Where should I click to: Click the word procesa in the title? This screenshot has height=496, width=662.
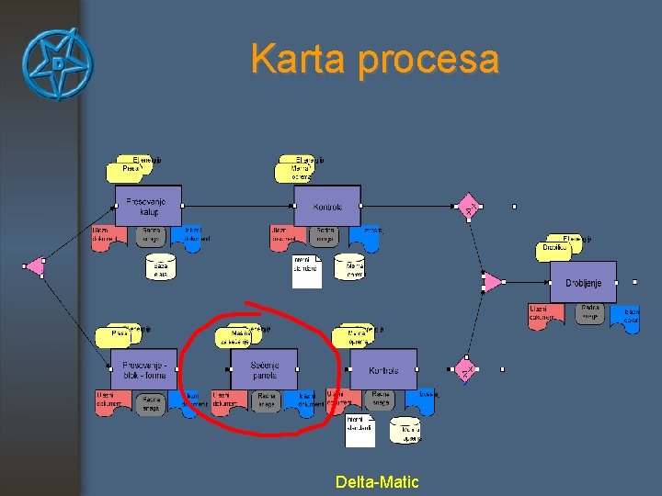coord(428,62)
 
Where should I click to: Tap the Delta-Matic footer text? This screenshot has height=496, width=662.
coord(377,481)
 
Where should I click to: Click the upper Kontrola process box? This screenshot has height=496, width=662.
coord(326,206)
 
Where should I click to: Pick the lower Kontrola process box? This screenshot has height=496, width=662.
coord(382,369)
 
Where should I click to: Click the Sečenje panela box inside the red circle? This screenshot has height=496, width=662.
coord(263,368)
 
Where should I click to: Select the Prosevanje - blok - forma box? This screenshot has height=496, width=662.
coord(143,368)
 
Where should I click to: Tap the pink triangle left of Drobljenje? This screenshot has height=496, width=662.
coord(492,281)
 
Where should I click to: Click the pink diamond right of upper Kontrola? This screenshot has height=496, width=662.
coord(468,207)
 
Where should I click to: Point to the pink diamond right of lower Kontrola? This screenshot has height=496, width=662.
coord(466,370)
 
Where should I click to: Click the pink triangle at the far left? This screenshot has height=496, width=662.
coord(35,266)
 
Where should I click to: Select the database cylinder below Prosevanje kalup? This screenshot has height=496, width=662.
coord(161,267)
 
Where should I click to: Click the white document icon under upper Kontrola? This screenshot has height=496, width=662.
coord(306,271)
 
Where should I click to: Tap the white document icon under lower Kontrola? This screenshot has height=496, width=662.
coord(360,431)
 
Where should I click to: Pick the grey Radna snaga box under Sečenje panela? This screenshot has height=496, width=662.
coord(267,401)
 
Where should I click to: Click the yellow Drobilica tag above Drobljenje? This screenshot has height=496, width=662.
coord(555,248)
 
